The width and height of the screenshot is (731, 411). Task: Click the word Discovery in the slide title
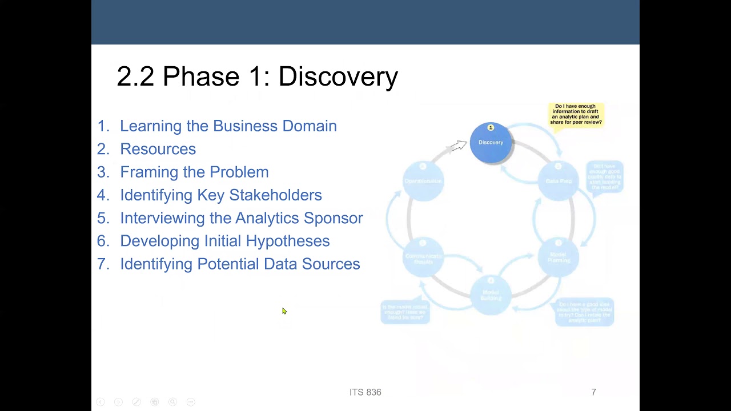pyautogui.click(x=338, y=76)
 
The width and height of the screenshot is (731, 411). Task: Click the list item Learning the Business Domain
pyautogui.click(x=228, y=126)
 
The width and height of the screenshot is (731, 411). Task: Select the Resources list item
pyautogui.click(x=158, y=149)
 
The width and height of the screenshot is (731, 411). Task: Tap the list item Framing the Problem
pyautogui.click(x=194, y=172)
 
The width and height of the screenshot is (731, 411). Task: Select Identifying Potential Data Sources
pyautogui.click(x=240, y=264)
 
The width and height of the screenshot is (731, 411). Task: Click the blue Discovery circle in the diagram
pyautogui.click(x=491, y=143)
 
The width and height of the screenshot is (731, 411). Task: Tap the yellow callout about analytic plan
pyautogui.click(x=576, y=114)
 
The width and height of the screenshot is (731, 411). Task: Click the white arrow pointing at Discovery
pyautogui.click(x=458, y=146)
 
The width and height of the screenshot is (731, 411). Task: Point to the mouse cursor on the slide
pyautogui.click(x=284, y=311)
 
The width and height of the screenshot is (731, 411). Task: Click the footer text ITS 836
pyautogui.click(x=365, y=392)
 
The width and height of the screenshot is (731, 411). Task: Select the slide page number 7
pyautogui.click(x=593, y=392)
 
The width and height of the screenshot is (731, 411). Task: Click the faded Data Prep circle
pyautogui.click(x=558, y=180)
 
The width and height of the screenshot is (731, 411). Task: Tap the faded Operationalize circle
pyautogui.click(x=423, y=180)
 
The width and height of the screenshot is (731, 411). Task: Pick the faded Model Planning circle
pyautogui.click(x=558, y=257)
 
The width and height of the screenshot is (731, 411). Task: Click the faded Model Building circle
pyautogui.click(x=491, y=295)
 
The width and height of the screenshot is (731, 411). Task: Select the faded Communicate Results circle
pyautogui.click(x=423, y=257)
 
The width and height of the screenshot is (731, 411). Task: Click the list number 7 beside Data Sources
pyautogui.click(x=102, y=264)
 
